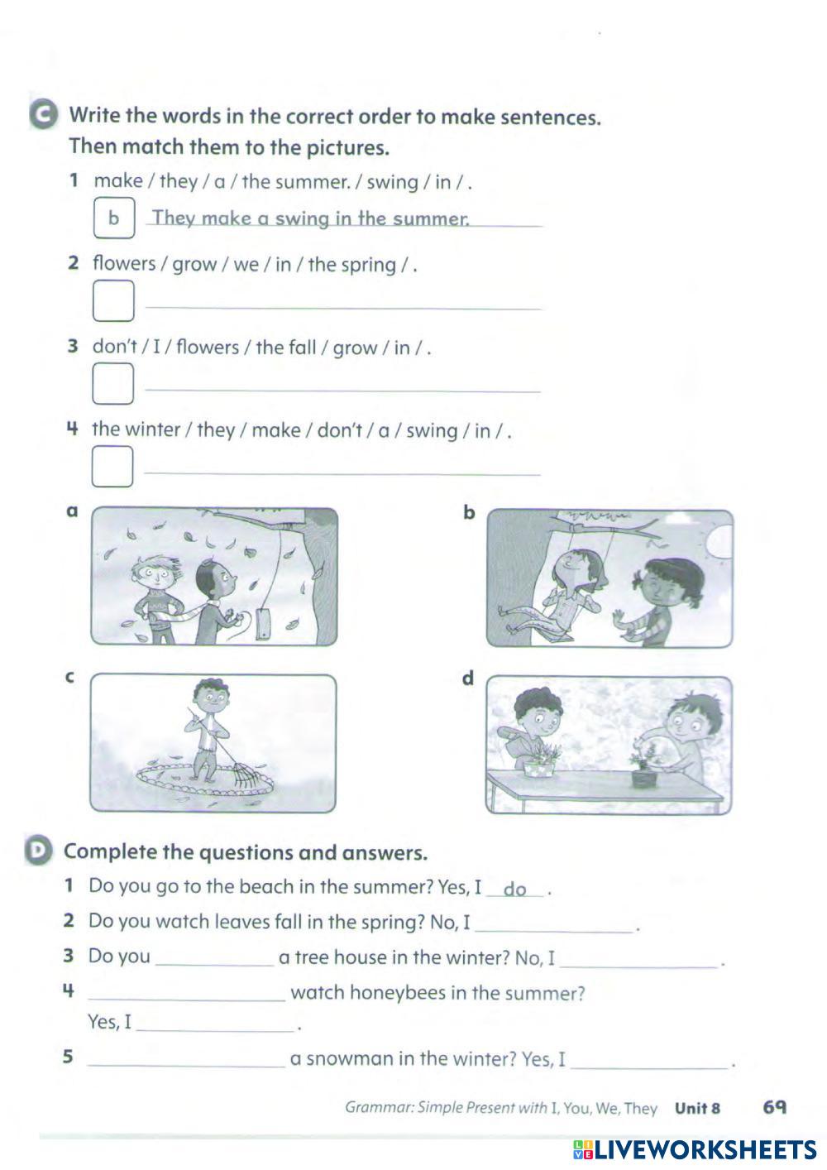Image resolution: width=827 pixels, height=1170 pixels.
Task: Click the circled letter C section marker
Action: click(x=43, y=116)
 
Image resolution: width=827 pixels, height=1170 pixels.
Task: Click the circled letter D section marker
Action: click(x=38, y=851)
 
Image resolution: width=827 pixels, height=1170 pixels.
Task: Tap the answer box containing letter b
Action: click(x=113, y=218)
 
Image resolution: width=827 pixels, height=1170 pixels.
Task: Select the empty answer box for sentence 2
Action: click(x=113, y=300)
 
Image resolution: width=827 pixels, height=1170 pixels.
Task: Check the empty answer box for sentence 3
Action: click(x=113, y=384)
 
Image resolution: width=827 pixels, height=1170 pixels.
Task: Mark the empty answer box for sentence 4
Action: click(x=113, y=467)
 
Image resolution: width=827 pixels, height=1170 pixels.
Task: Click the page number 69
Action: click(x=775, y=1107)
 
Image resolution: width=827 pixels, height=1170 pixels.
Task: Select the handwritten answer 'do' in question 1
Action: click(x=514, y=889)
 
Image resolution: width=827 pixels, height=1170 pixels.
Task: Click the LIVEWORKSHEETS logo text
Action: click(x=703, y=1149)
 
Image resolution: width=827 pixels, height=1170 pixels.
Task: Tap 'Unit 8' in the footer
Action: click(x=697, y=1108)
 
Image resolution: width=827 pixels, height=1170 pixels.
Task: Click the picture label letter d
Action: click(x=468, y=679)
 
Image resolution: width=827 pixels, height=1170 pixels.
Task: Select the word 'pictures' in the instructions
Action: click(x=348, y=148)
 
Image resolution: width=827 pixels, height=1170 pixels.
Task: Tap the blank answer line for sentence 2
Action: click(x=342, y=306)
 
